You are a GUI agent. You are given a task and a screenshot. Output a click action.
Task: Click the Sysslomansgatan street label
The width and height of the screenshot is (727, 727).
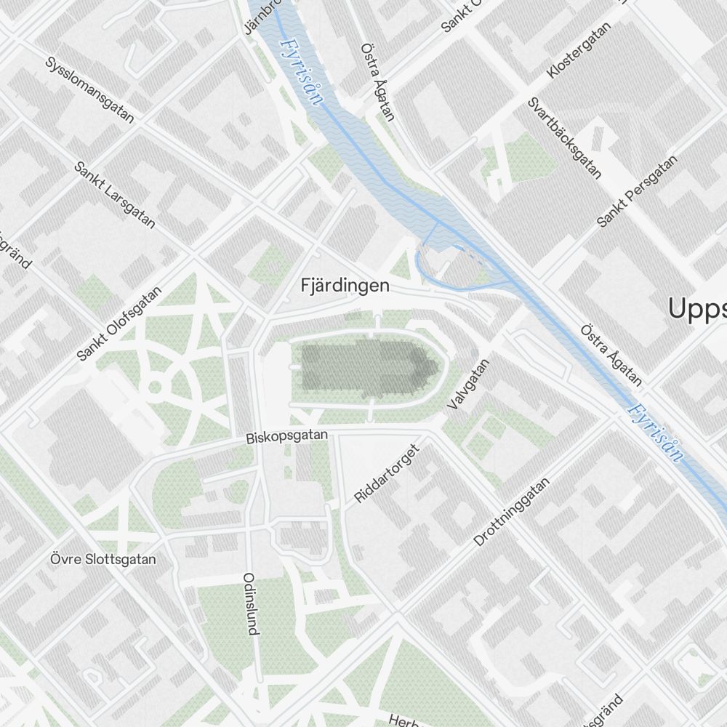(x=89, y=90)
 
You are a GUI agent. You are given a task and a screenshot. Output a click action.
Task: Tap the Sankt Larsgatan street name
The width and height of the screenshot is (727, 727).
(x=115, y=195)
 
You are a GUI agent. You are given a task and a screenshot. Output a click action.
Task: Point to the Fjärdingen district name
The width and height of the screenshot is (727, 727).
(x=345, y=286)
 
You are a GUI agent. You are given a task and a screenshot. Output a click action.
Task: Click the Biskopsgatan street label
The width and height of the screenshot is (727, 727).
(x=287, y=437)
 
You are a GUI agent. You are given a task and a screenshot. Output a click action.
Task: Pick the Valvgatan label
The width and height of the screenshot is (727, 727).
(x=470, y=383)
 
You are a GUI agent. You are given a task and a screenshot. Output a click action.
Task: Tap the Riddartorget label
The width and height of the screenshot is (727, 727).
(x=387, y=473)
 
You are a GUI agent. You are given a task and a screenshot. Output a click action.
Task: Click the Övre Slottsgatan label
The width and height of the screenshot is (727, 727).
(x=103, y=560)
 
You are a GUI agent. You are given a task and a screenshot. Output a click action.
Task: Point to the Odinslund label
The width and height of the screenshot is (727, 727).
(x=251, y=603)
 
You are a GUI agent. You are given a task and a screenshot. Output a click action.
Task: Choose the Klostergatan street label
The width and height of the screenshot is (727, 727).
(x=579, y=50)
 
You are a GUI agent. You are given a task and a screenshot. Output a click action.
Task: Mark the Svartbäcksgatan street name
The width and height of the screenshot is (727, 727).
(x=565, y=138)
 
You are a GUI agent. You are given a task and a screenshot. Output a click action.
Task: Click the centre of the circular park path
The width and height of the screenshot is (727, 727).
(x=155, y=387)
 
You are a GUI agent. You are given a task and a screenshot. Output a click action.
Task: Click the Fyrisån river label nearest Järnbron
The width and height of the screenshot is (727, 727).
(x=299, y=71)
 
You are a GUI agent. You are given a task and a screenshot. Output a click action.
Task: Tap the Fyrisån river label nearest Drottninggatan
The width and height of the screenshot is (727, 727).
(x=656, y=433)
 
